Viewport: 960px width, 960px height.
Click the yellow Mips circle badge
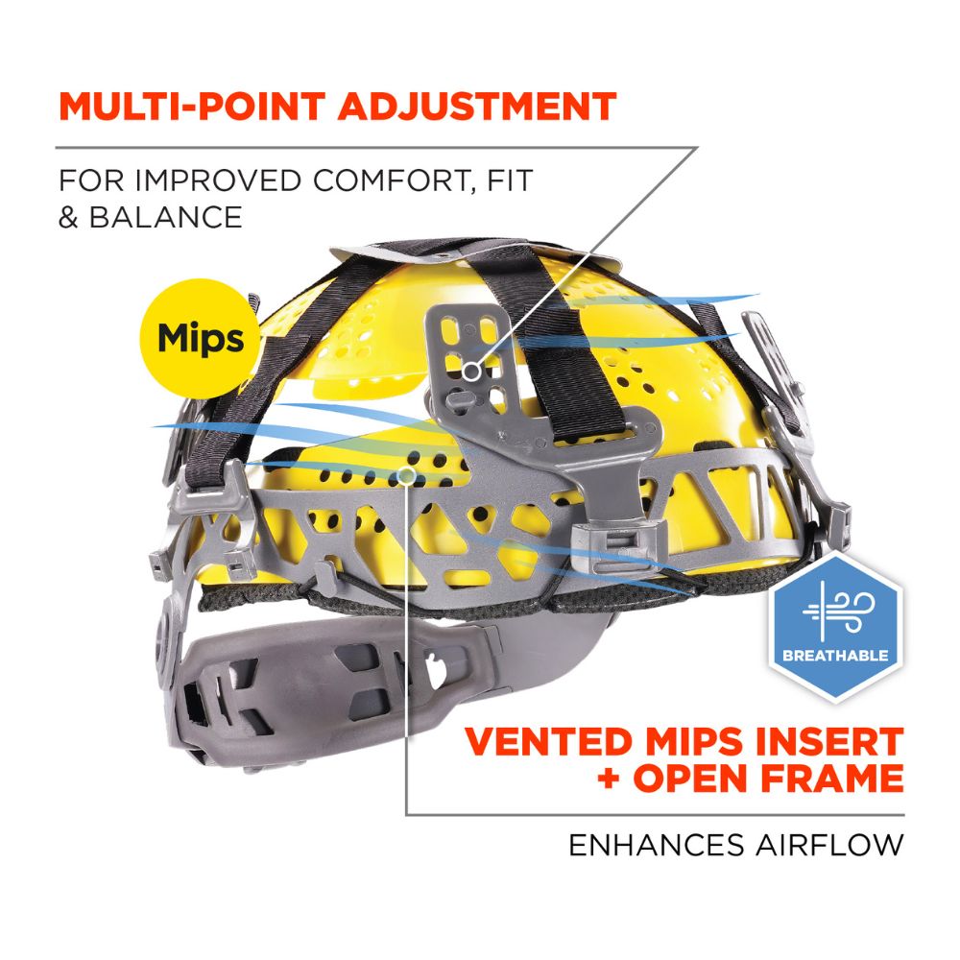click(x=201, y=338)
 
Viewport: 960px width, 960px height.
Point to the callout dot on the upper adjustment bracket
click(x=469, y=369)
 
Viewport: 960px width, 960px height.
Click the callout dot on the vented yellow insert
click(x=407, y=474)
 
